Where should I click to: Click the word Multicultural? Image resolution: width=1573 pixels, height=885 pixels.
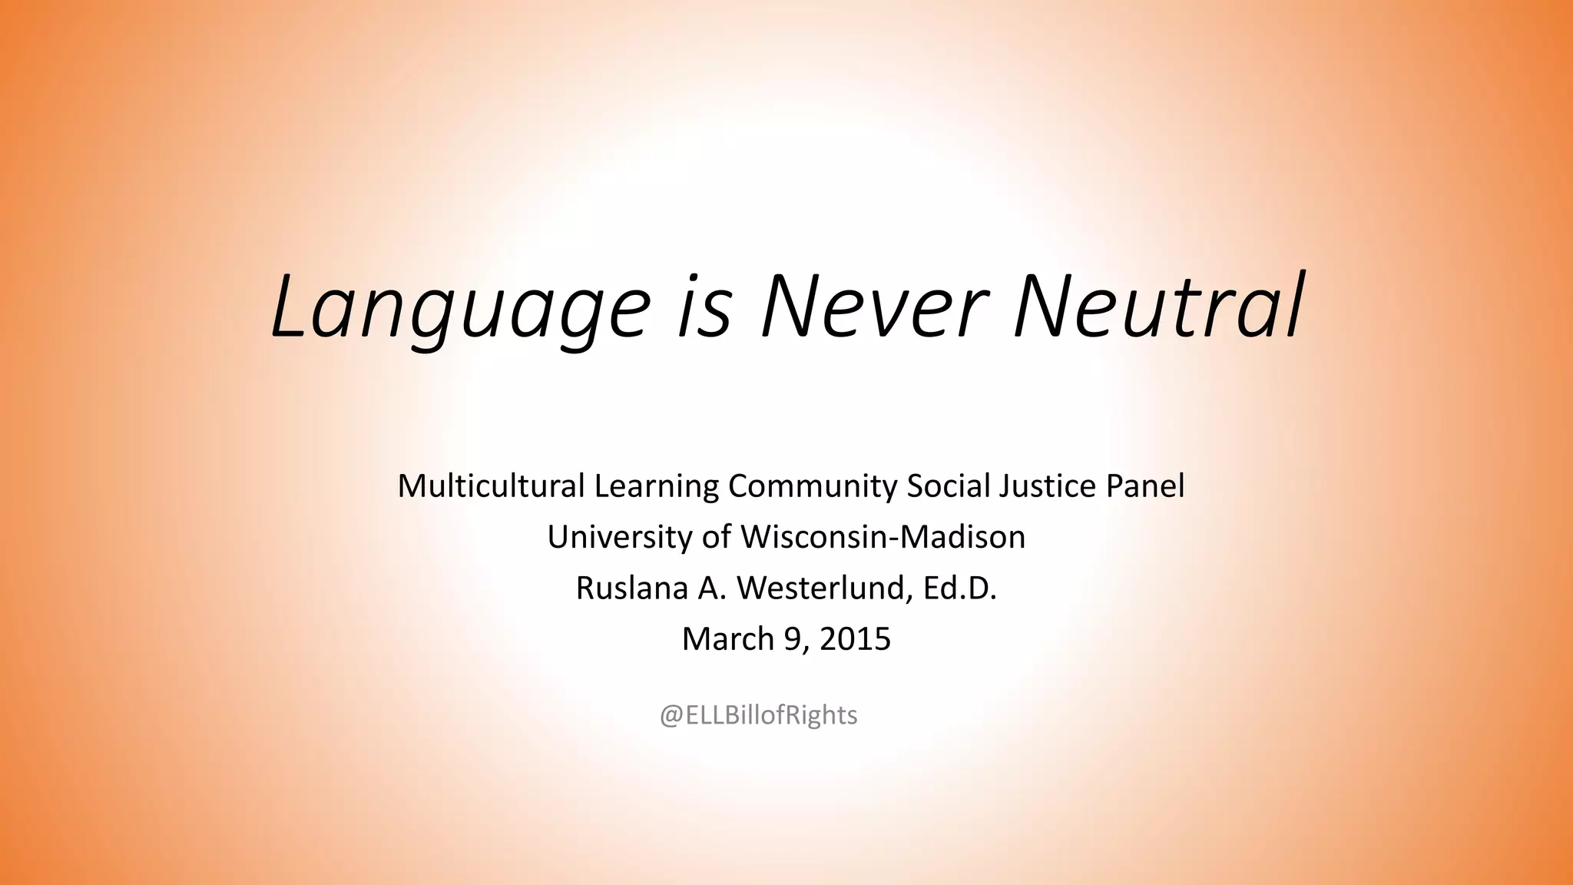coord(491,486)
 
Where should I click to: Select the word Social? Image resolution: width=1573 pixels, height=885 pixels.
coord(947,486)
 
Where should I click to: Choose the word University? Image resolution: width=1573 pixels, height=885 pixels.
coord(620,537)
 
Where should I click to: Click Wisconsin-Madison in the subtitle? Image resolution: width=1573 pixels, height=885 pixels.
coord(883,537)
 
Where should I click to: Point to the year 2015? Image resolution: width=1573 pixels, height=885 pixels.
coord(855,639)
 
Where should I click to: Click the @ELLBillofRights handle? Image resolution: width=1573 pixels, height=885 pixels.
coord(759,715)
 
